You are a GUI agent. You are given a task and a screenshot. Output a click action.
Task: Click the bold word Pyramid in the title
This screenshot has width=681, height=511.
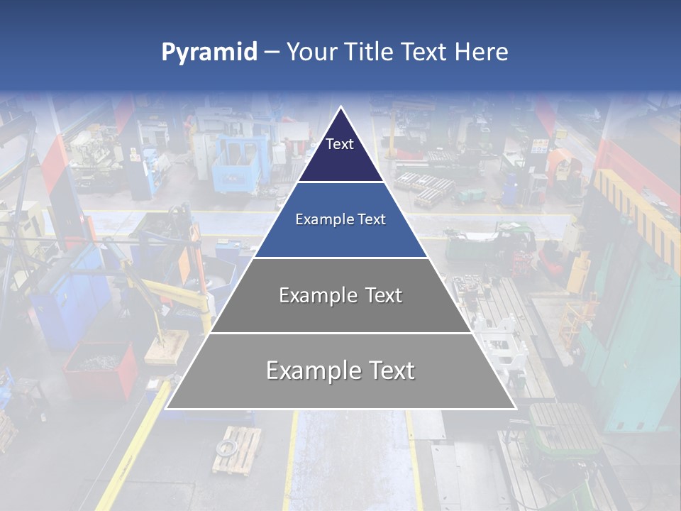coord(209,53)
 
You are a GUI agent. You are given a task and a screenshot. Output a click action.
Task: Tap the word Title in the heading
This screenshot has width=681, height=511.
coord(370,53)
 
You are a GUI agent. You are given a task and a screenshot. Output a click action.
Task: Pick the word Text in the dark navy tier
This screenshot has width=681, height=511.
coord(340,144)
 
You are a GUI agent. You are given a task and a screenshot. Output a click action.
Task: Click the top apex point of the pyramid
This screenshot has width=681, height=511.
coord(341,107)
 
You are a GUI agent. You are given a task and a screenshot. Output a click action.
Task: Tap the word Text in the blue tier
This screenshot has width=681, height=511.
coord(371,220)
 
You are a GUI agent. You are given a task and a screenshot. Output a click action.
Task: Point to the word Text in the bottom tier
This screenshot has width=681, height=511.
coord(389,370)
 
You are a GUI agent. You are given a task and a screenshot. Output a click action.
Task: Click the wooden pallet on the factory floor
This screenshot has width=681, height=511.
coord(236,450)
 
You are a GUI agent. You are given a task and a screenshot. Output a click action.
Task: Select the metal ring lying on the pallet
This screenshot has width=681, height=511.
coord(228,447)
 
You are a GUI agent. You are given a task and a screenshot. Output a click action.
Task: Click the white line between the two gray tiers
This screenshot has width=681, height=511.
coord(340,333)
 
